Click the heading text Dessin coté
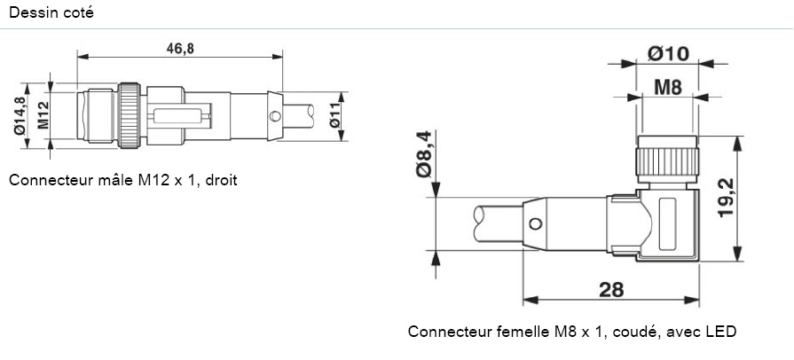[x=50, y=13]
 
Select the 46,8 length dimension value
[x=180, y=48]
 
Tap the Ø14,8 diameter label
[x=19, y=114]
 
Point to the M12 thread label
[x=41, y=114]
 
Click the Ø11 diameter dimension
[x=335, y=116]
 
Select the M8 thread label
[x=668, y=87]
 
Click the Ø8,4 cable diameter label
[x=424, y=153]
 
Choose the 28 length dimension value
[x=611, y=290]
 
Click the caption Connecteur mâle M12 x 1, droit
[x=122, y=180]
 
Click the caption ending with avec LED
[x=571, y=332]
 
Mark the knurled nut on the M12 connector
[x=130, y=114]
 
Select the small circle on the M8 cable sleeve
[x=534, y=223]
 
